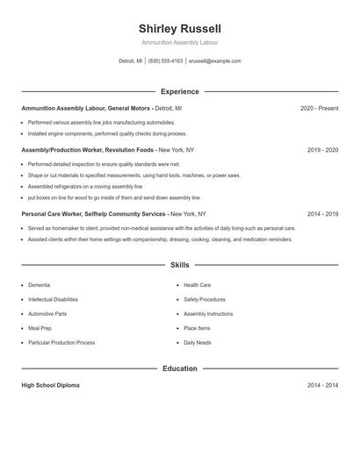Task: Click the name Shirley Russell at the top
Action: point(180,29)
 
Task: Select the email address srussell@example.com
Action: point(214,61)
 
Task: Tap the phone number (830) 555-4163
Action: point(165,61)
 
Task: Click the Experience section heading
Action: point(180,91)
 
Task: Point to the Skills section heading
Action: point(180,264)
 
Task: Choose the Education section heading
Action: point(180,368)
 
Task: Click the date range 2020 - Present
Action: point(319,108)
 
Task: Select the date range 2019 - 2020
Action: point(322,150)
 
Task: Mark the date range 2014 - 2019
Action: point(322,213)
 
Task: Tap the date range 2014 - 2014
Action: point(322,385)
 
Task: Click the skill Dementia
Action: point(39,285)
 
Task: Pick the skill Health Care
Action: point(197,285)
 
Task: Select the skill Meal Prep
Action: point(40,328)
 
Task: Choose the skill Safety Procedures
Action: point(205,299)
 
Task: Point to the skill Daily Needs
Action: point(197,342)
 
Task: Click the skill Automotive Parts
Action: point(47,313)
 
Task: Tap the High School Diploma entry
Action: point(50,385)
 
